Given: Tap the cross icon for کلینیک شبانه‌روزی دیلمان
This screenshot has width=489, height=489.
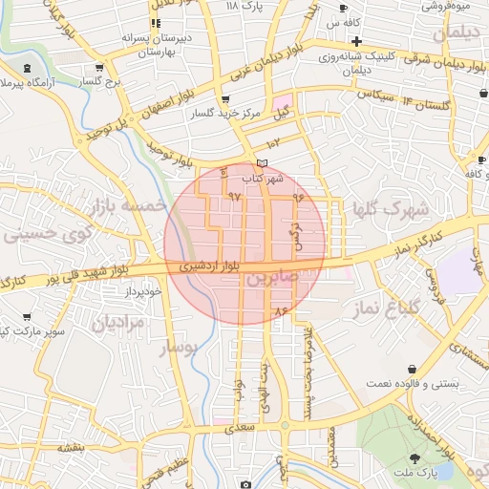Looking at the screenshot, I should tap(356, 41).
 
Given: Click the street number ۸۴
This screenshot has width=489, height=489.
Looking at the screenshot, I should tap(280, 311).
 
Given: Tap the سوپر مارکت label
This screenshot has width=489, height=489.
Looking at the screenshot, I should tap(34, 330).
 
